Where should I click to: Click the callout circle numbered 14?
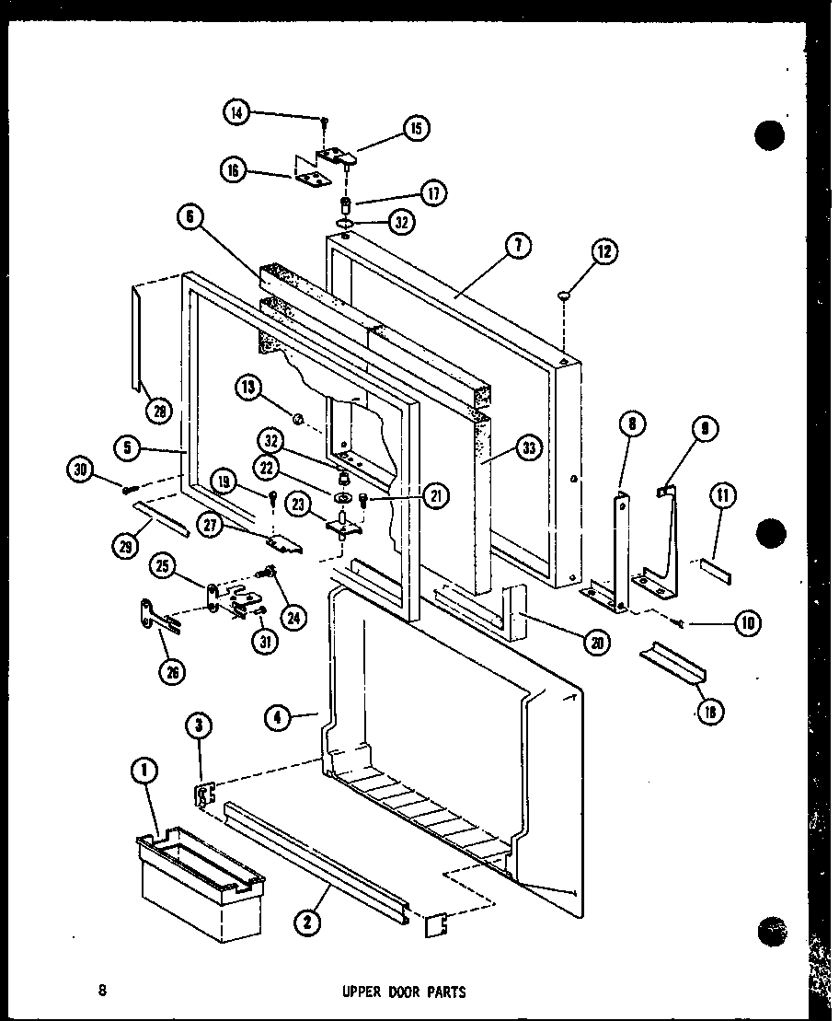(236, 113)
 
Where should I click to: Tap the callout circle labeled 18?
(710, 710)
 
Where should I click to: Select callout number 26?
(171, 671)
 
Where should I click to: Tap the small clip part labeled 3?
(204, 794)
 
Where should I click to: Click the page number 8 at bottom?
(102, 992)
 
